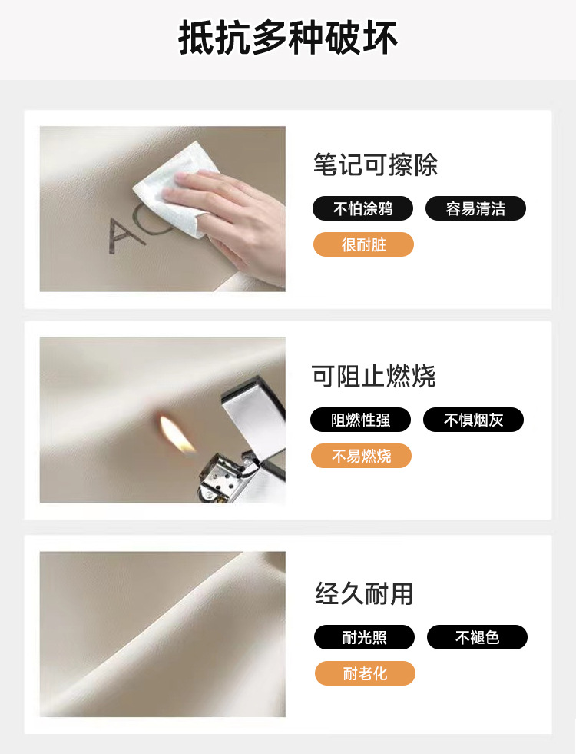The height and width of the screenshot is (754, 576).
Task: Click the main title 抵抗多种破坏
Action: tap(288, 38)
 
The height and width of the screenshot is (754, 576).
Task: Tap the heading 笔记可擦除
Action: tap(376, 165)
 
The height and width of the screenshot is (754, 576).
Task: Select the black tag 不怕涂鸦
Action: tap(362, 208)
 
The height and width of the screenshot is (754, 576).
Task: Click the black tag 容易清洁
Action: tap(475, 208)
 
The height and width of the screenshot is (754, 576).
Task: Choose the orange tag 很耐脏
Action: tap(364, 244)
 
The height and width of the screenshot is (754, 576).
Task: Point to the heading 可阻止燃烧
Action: tap(373, 376)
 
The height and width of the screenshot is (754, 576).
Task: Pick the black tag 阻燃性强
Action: tap(361, 420)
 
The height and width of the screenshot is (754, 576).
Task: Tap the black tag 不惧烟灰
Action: tap(473, 420)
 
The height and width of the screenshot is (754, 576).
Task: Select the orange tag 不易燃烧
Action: tap(361, 456)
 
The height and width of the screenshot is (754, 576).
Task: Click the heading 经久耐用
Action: tap(364, 593)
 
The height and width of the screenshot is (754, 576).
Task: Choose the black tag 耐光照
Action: tap(364, 637)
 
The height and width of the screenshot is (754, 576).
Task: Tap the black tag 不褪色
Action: tap(477, 637)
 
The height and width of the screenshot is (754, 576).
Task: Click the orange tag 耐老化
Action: tap(365, 673)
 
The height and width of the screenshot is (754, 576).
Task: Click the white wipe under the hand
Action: tap(170, 185)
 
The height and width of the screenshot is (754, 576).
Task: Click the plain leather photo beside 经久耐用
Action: tap(162, 634)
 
